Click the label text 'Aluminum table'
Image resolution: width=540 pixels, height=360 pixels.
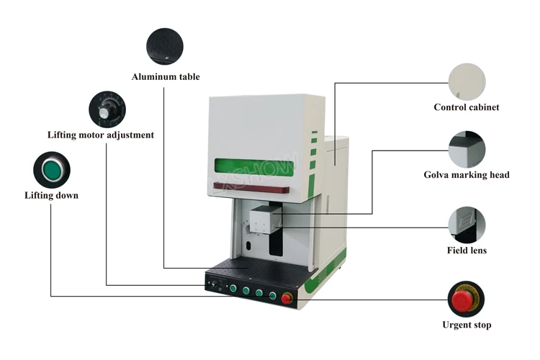(166, 76)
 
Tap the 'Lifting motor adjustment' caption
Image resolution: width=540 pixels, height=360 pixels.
(101, 135)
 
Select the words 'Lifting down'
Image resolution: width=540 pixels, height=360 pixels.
(51, 195)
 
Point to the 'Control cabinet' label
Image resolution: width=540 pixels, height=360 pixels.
(466, 107)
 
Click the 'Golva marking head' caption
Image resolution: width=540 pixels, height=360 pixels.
(467, 175)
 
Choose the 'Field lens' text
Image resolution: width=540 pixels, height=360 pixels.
(467, 251)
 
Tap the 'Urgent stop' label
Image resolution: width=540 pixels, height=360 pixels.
(467, 325)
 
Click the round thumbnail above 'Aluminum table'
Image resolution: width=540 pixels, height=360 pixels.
(165, 47)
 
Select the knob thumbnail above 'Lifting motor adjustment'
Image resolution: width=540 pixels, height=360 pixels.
(107, 109)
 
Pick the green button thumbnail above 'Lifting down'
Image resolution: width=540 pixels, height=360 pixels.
(52, 170)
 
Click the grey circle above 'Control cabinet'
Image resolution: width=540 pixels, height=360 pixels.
(467, 81)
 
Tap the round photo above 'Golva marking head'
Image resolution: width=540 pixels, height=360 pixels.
(467, 150)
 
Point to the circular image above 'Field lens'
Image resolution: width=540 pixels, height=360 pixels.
(467, 225)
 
